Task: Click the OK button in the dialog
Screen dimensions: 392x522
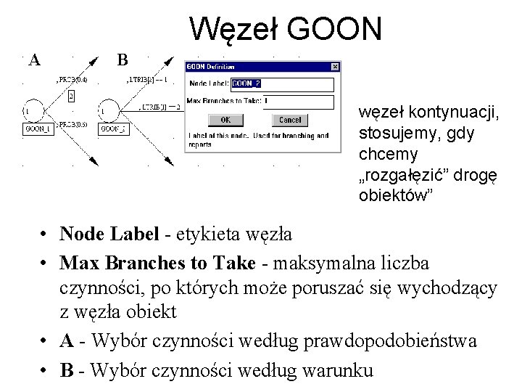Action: pos(225,120)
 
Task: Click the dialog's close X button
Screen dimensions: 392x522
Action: pos(335,66)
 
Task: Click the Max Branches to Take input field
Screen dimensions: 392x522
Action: pos(298,101)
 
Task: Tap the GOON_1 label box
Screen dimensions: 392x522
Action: pos(38,129)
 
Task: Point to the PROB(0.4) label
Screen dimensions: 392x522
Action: pos(72,79)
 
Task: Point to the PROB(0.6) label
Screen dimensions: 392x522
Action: pos(72,124)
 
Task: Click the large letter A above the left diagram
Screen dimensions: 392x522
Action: pos(34,60)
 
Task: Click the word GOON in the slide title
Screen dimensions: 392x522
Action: pos(334,29)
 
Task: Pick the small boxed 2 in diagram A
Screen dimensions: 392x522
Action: pos(71,96)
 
